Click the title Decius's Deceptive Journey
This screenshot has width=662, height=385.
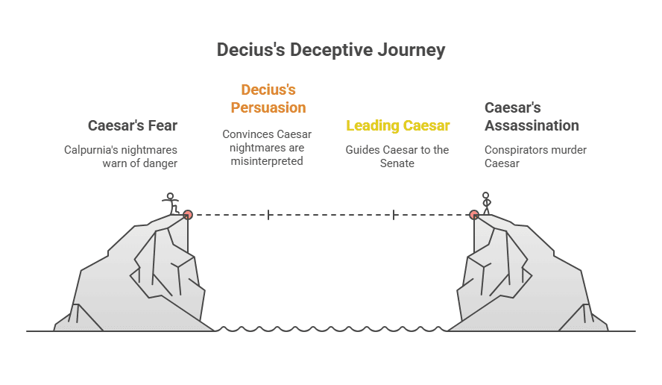(331, 50)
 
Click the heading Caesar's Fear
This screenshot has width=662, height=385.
(133, 125)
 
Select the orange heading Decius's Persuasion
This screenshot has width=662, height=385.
(268, 98)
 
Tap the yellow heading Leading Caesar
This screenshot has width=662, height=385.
(397, 125)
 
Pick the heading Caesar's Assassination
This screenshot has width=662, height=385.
(532, 116)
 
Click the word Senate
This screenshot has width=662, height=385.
(397, 163)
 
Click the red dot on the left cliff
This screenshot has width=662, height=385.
(188, 214)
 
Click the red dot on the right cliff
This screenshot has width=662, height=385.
(473, 214)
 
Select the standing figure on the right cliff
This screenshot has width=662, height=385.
(486, 203)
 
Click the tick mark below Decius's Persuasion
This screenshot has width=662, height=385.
(268, 215)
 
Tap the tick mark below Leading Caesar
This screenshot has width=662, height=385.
(394, 215)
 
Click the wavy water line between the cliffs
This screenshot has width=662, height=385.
(331, 329)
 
